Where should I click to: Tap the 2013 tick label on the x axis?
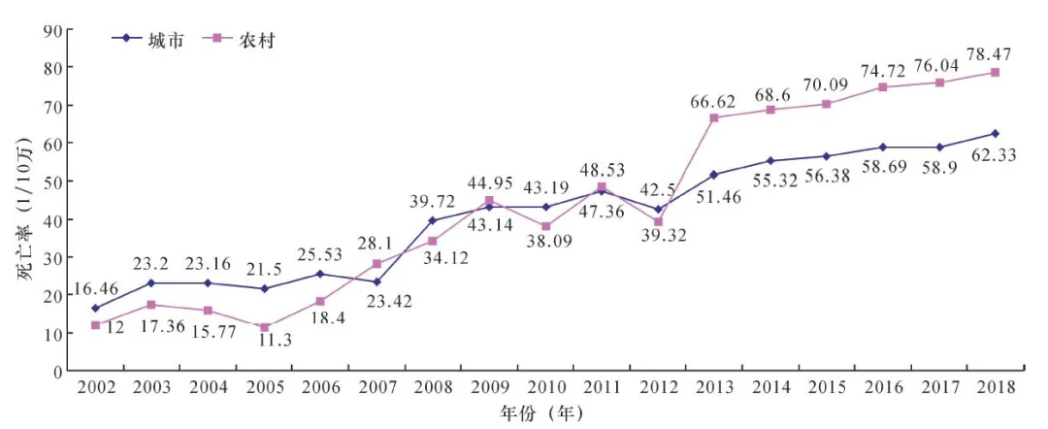[714, 386]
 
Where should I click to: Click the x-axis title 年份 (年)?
[542, 413]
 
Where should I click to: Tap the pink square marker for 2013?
[714, 117]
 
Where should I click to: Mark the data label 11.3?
[263, 341]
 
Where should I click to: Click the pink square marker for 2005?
[264, 327]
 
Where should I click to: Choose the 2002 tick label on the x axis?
[95, 386]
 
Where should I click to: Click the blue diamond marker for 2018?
[995, 134]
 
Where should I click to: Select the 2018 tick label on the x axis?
[995, 386]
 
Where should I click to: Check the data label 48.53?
[602, 167]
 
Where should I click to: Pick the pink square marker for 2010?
[545, 226]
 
